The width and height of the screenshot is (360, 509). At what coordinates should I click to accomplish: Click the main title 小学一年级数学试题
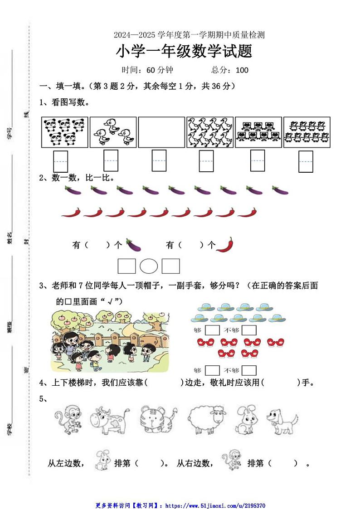(184, 52)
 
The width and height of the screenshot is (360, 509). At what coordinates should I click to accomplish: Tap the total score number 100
(242, 70)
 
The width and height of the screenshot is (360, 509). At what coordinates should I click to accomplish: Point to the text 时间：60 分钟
(147, 70)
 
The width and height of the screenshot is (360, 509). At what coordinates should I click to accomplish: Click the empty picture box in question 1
(161, 132)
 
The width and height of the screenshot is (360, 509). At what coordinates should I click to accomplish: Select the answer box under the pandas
(61, 161)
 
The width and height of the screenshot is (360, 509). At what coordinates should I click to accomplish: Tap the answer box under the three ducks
(111, 161)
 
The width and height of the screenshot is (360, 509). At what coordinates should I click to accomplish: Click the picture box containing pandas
(64, 132)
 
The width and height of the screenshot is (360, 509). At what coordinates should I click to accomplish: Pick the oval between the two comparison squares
(149, 266)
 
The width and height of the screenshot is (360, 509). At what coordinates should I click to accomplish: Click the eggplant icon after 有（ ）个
(133, 245)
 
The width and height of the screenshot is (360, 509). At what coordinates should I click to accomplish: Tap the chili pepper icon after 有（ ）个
(225, 245)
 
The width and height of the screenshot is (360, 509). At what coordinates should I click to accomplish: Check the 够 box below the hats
(212, 330)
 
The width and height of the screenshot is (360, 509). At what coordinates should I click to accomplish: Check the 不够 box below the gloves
(249, 370)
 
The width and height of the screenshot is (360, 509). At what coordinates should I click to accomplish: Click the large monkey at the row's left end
(68, 420)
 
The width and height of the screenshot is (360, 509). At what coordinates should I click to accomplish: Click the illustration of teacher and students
(109, 341)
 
